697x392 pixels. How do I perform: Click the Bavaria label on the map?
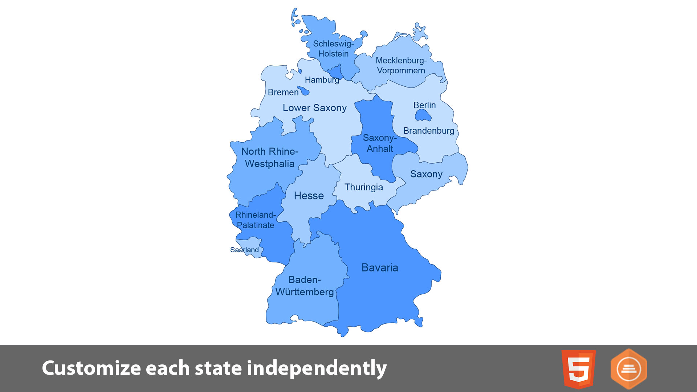point(380,268)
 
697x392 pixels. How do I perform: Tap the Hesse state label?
point(309,196)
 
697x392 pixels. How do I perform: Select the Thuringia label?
point(363,187)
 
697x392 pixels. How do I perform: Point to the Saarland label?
point(244,250)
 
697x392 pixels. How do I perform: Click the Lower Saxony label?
point(314,108)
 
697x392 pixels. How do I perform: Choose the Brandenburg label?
point(428,131)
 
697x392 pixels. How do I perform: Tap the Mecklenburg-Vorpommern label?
point(401,66)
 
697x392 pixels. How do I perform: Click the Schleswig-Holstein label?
point(333,49)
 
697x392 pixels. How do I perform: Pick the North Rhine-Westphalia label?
point(270,158)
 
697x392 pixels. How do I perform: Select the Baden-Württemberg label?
point(305,286)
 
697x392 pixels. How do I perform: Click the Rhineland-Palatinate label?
point(255,220)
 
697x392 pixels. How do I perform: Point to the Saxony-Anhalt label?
point(380,143)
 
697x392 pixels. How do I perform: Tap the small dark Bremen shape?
point(304,91)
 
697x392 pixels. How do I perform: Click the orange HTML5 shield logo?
point(578,369)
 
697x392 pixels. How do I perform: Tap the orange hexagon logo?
point(629,369)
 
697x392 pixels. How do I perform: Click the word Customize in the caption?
point(90,368)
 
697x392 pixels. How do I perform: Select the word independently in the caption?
point(317,368)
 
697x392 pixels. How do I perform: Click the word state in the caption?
point(218,368)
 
